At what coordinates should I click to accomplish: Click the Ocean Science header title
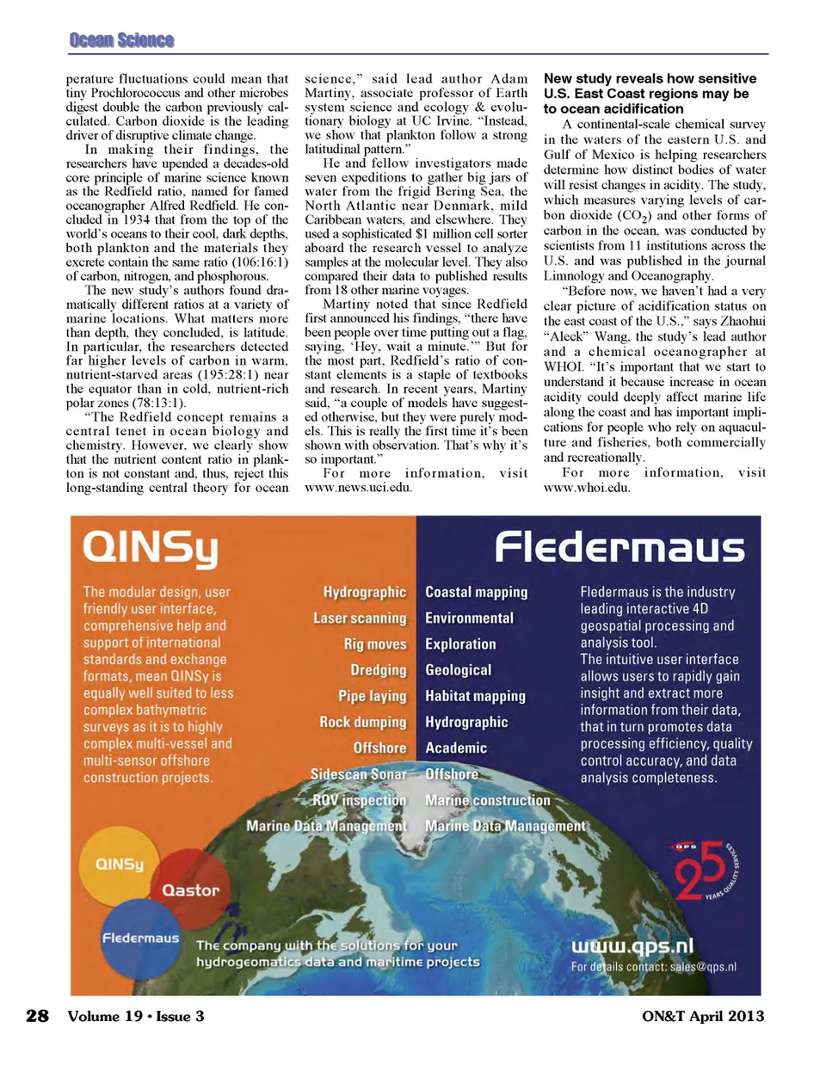tap(121, 40)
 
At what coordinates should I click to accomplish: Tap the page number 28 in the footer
tap(37, 1016)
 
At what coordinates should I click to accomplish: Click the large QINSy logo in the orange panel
tap(151, 550)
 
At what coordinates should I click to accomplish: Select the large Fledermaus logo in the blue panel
tap(619, 547)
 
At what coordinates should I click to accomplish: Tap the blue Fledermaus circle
tap(140, 938)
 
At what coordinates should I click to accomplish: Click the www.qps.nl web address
tap(632, 946)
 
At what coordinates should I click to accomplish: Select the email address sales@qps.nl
tap(703, 967)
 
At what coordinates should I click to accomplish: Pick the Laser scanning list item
tap(359, 619)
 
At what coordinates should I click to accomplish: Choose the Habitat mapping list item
tap(475, 697)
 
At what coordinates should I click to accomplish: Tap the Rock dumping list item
tap(362, 723)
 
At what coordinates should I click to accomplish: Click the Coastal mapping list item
tap(476, 593)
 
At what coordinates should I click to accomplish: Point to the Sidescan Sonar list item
tap(358, 774)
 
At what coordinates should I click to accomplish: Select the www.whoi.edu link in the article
tap(586, 488)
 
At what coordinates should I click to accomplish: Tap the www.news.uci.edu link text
tap(358, 488)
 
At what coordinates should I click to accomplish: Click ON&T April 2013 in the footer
tap(702, 1016)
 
